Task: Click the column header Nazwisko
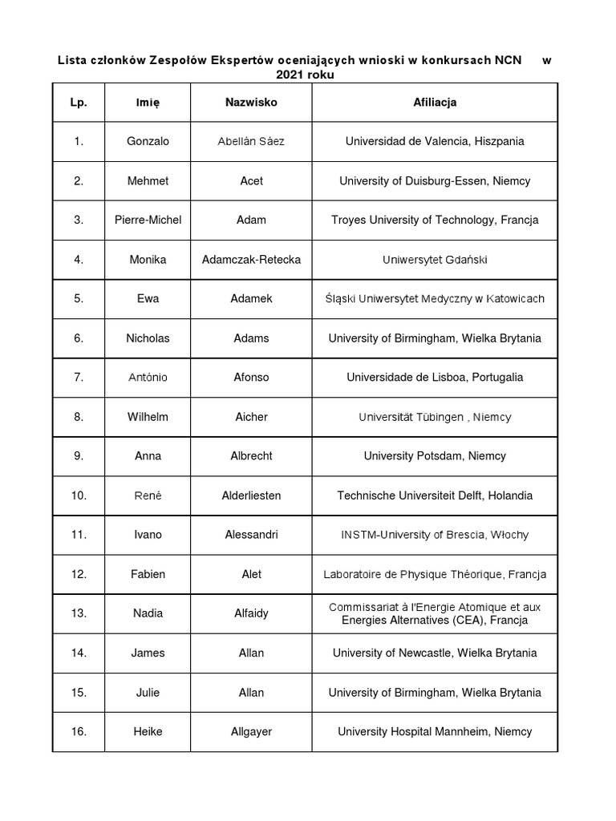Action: click(x=251, y=103)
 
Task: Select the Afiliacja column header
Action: click(x=435, y=103)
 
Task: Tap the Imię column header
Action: click(x=148, y=103)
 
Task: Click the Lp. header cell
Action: click(x=79, y=103)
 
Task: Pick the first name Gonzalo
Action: click(x=148, y=141)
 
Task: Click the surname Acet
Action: click(x=251, y=180)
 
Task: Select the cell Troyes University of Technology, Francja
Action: click(x=435, y=220)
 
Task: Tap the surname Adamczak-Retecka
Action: click(x=251, y=259)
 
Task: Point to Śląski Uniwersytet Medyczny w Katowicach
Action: click(x=435, y=298)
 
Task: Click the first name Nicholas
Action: click(x=148, y=338)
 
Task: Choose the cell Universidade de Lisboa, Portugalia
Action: click(x=435, y=377)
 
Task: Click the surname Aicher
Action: click(x=251, y=417)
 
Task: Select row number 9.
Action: click(x=79, y=456)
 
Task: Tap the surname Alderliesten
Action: click(x=251, y=495)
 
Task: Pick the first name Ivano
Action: click(x=148, y=535)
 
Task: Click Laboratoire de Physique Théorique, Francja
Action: click(x=435, y=574)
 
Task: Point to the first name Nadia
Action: click(x=148, y=613)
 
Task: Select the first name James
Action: click(x=148, y=653)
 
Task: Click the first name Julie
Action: click(x=148, y=692)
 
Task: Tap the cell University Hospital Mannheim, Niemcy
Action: click(x=435, y=731)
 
